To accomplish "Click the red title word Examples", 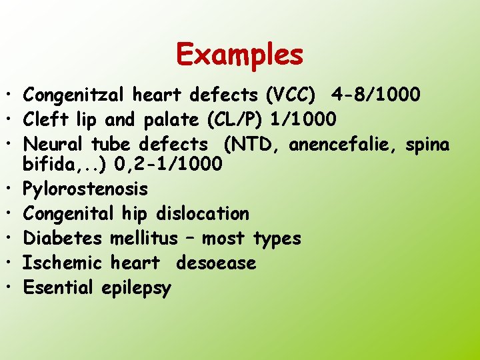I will pyautogui.click(x=240, y=54).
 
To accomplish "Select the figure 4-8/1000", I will pyautogui.click(x=379, y=95).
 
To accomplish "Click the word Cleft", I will pyautogui.click(x=42, y=119).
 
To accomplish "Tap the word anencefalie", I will pyautogui.click(x=342, y=143).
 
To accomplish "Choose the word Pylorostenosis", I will pyautogui.click(x=85, y=189).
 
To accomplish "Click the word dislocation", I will pyautogui.click(x=202, y=213).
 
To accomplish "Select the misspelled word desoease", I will pyautogui.click(x=216, y=263).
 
